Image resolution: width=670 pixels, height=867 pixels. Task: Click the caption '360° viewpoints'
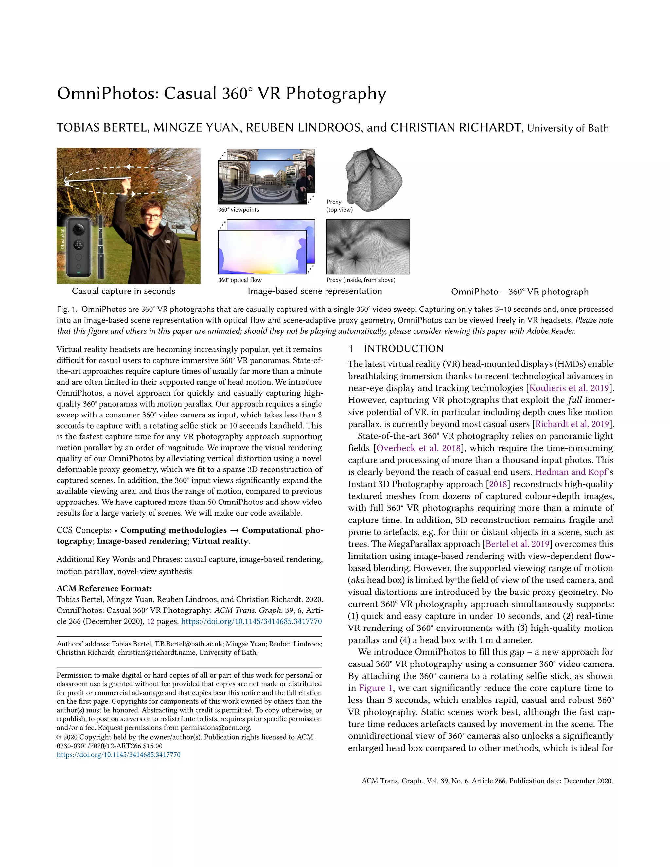pos(238,210)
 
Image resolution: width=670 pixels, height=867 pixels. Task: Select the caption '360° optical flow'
pos(240,280)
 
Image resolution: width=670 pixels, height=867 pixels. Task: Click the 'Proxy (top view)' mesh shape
pos(373,179)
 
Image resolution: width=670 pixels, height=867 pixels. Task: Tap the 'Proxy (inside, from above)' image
pos(368,247)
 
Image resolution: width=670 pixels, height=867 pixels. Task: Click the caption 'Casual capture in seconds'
pos(123,291)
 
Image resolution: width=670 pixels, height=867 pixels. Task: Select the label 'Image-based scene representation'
pos(315,291)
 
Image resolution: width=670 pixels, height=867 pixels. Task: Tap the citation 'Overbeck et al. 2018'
pos(418,448)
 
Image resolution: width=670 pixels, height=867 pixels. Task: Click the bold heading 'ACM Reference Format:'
pos(104,588)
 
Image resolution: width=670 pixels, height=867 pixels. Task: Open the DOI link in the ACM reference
pos(251,621)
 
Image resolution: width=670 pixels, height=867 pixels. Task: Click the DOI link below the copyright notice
pos(118,755)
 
